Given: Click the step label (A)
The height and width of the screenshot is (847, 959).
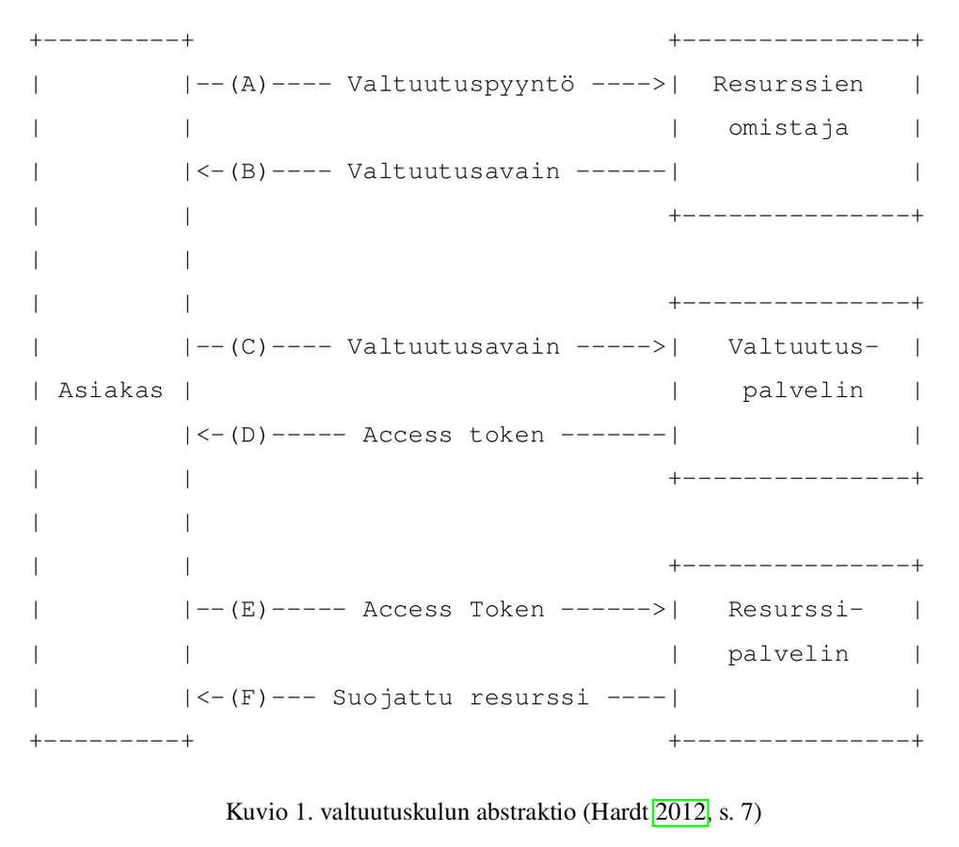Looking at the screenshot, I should (248, 84).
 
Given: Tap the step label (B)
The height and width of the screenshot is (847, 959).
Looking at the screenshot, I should (248, 171).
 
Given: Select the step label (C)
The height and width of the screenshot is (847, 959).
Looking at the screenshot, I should (248, 347).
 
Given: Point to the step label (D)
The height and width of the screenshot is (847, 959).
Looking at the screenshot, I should (248, 435).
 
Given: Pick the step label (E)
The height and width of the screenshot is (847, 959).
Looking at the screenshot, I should (248, 610).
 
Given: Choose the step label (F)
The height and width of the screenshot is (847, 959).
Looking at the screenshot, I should (248, 698).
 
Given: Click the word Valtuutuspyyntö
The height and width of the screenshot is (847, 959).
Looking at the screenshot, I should (461, 85).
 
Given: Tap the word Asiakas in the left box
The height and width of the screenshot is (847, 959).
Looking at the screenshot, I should (109, 391).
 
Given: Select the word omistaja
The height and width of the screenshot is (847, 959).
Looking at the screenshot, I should (788, 128).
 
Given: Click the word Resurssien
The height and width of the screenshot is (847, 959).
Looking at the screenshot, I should (788, 84).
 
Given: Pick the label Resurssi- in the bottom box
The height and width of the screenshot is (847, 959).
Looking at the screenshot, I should (795, 610).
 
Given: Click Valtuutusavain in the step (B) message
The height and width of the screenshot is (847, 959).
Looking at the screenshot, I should (454, 171).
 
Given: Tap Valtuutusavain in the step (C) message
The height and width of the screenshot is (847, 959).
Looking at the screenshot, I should (454, 347).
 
